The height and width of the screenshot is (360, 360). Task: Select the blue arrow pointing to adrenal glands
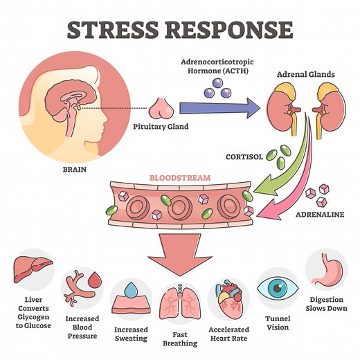[x=218, y=107]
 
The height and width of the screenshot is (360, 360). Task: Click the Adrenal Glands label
[x=307, y=72]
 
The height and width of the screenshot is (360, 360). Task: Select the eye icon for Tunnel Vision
[x=277, y=287]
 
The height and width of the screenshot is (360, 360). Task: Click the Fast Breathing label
[x=180, y=337]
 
